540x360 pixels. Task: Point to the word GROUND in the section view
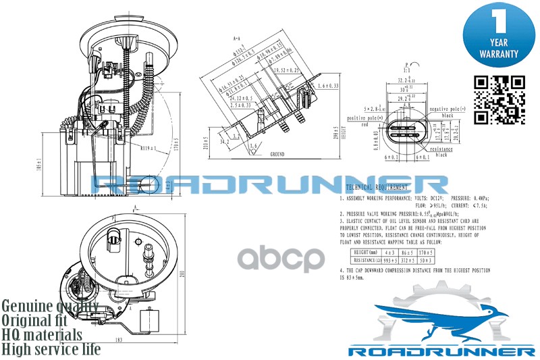click(277, 154)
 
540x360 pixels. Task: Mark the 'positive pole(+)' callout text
click(364, 118)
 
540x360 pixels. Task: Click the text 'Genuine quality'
click(50, 305)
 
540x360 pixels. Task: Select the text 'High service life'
click(51, 349)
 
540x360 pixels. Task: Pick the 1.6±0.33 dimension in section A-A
click(327, 86)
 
